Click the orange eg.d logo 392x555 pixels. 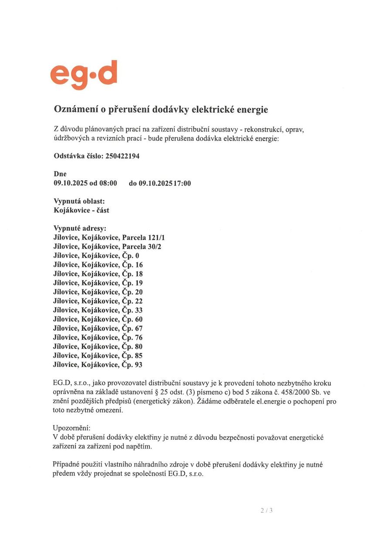[84, 75]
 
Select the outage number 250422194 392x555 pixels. [122, 156]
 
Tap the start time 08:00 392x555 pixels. [108, 183]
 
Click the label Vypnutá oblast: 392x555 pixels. [79, 201]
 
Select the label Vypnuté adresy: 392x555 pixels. [80, 228]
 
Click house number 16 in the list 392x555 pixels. [139, 265]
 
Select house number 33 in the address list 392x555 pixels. [139, 310]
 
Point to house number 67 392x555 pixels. [139, 329]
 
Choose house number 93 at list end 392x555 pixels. [139, 365]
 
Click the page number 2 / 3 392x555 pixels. [267, 510]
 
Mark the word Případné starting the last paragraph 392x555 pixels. [68, 465]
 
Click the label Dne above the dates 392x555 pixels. [60, 174]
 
